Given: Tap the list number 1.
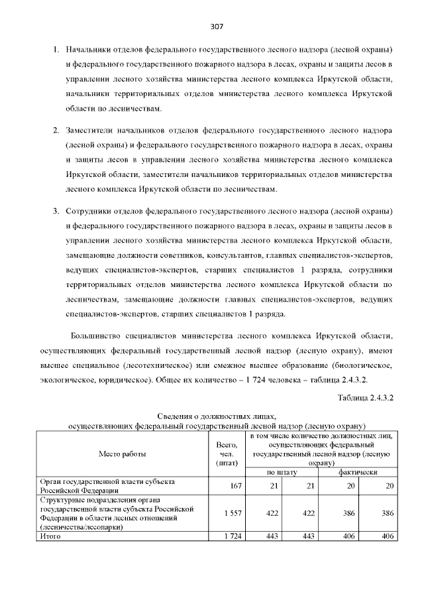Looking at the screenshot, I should click(x=56, y=50).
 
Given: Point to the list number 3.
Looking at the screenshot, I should click(x=56, y=211).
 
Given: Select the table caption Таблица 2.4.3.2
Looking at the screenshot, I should click(x=366, y=398).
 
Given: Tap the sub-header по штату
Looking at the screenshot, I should click(x=282, y=472).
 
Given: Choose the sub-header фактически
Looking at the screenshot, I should click(x=358, y=472).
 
